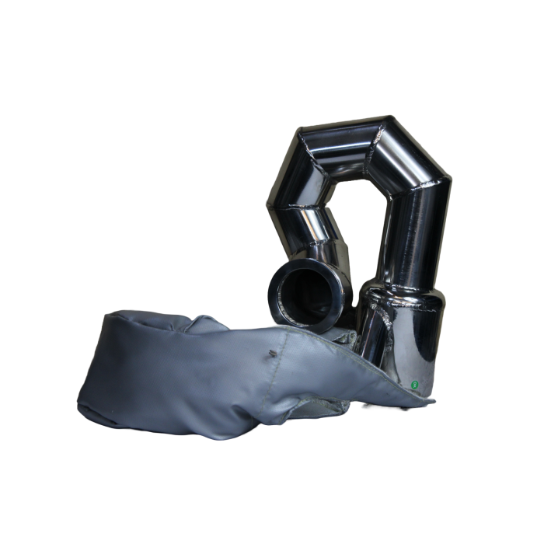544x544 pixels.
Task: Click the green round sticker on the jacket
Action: tap(413, 382)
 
